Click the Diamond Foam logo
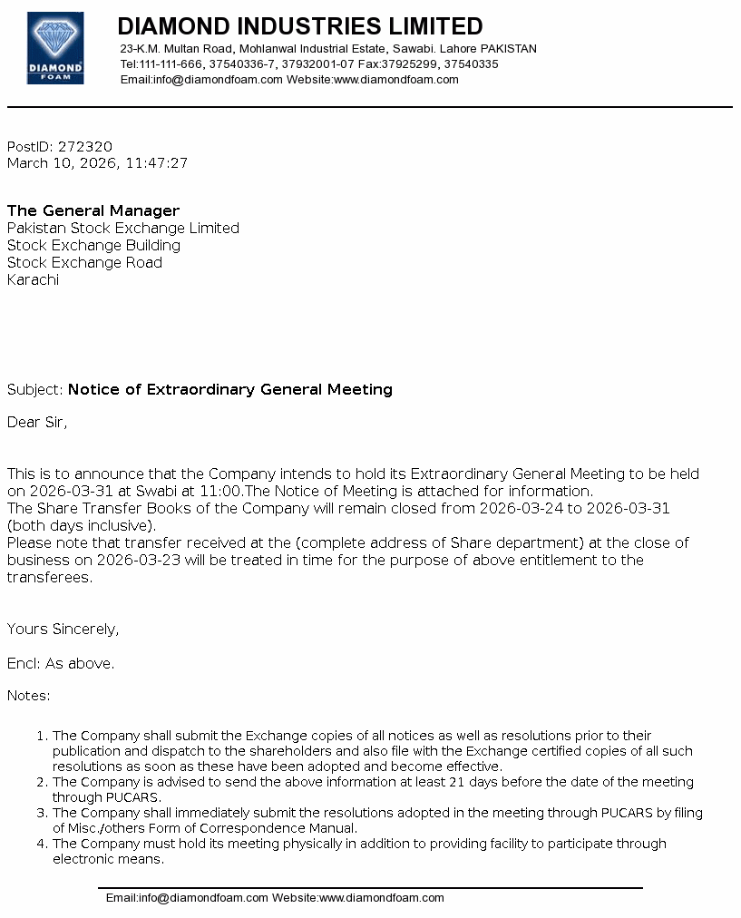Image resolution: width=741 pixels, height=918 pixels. point(55,48)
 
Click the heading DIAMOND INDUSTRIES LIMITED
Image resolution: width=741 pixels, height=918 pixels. point(300,26)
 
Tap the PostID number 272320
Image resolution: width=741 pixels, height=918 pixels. point(85,146)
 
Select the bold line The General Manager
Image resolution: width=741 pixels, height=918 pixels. point(93,210)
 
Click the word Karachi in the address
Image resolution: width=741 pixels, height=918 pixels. point(33,279)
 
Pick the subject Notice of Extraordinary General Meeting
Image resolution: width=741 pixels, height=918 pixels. point(230,389)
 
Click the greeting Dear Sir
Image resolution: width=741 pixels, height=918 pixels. point(37,422)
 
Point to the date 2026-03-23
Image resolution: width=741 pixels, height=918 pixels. point(132,560)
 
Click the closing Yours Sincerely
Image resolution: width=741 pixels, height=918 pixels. point(63,629)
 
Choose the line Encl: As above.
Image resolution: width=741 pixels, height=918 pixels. point(61,663)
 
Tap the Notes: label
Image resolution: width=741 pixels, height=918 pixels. point(29,696)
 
